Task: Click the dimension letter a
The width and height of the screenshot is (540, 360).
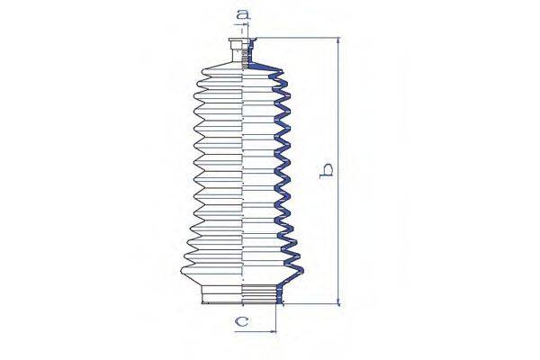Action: click(x=242, y=14)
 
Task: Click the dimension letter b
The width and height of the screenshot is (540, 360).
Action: click(x=329, y=168)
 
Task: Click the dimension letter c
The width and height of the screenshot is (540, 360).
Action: click(x=241, y=320)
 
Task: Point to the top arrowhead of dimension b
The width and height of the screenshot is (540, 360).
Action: click(x=338, y=41)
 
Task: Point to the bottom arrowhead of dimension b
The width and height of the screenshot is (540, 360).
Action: click(x=338, y=302)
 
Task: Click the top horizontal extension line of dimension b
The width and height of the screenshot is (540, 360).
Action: click(x=297, y=38)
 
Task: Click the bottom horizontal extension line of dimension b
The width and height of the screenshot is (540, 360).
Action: click(x=310, y=306)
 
